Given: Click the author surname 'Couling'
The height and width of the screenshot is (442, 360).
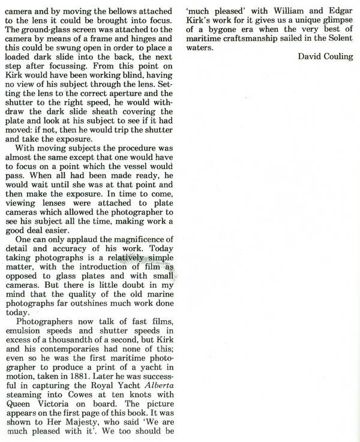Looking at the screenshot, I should pyautogui.click(x=337, y=57).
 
